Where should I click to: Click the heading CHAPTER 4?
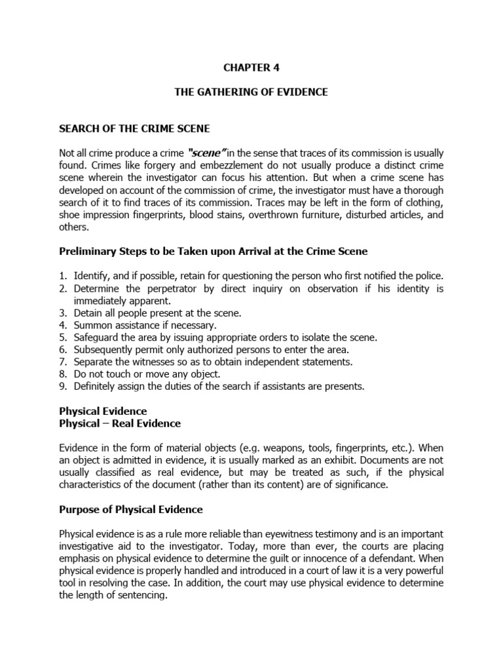coord(251,66)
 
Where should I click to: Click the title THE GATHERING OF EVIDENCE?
coord(251,92)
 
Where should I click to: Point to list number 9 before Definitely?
coord(63,386)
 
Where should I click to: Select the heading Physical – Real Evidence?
coord(120,423)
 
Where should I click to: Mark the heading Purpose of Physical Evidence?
coord(131,509)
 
